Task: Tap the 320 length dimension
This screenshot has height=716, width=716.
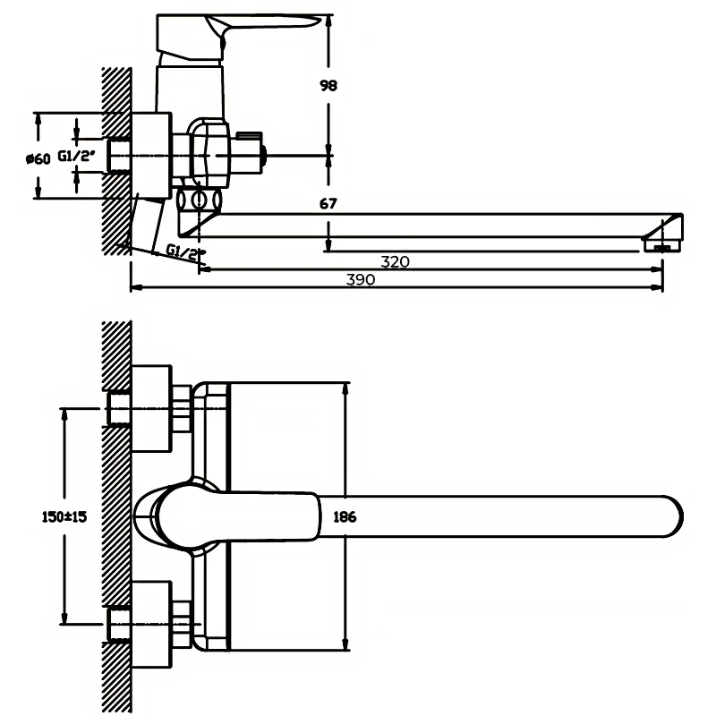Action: coord(395,262)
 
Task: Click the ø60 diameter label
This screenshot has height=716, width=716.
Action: coord(38,158)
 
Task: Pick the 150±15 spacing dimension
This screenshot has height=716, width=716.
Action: coord(64,516)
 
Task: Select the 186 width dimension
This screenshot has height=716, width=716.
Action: coord(345,516)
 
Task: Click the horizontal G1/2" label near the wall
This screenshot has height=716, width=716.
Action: coord(77,156)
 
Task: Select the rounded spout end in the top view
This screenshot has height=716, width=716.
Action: coord(667,516)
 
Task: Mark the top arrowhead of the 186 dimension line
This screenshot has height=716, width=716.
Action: coord(345,387)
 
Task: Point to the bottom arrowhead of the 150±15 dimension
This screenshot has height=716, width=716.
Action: coord(64,619)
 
